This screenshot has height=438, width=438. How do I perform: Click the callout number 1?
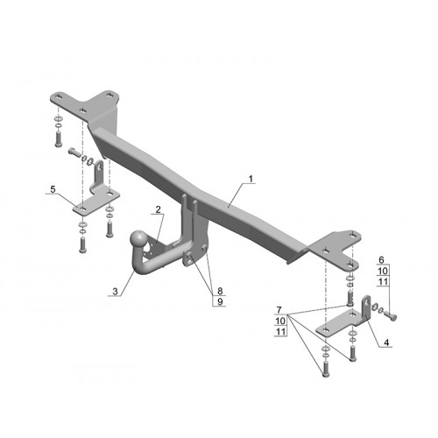coord(251,179)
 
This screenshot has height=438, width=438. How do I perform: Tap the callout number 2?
coord(158,209)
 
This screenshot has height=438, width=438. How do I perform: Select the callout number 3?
coord(115,292)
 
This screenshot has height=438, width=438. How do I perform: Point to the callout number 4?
coord(386,343)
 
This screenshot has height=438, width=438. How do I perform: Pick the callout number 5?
coord(53,189)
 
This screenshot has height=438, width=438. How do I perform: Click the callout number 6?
coord(381,259)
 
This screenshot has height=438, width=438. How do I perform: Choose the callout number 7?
coord(279,310)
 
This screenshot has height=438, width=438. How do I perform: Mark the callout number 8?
coord(220,291)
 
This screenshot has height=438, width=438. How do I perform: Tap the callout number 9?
coord(220,301)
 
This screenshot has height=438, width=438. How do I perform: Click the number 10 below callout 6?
coord(383,271)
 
